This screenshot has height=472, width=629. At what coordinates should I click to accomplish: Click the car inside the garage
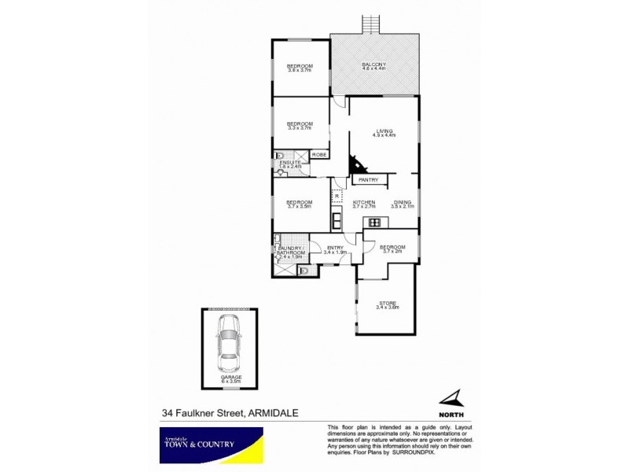point(230,344)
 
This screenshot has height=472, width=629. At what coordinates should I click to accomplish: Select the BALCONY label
point(373,65)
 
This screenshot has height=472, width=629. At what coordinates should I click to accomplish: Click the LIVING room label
point(384,131)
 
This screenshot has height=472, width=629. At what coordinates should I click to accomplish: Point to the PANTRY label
point(368,180)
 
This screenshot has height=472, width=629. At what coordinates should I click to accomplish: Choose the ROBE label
point(319,155)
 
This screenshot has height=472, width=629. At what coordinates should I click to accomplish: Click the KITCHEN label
point(364,202)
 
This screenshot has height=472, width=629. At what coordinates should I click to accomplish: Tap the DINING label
point(402,202)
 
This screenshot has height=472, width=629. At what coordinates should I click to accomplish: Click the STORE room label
point(388,302)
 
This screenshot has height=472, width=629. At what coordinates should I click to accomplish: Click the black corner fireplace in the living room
point(358,165)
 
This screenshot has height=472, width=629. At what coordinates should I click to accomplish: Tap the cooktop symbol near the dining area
point(374,222)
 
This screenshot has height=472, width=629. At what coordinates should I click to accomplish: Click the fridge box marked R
point(337,196)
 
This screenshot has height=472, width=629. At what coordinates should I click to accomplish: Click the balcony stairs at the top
point(370,25)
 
